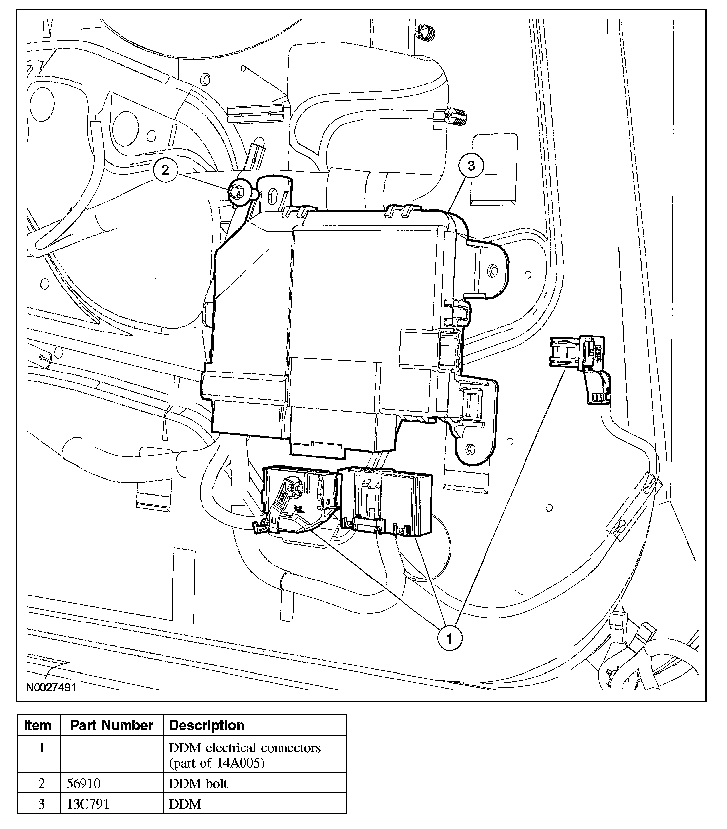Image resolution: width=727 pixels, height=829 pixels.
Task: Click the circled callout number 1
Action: pos(449,638)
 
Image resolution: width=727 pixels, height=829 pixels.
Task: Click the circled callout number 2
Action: pos(165,170)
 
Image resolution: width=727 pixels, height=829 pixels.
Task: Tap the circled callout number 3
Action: pos(471,166)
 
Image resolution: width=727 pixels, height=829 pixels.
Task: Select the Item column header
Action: pos(38,725)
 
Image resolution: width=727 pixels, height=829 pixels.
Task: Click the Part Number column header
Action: pos(112,725)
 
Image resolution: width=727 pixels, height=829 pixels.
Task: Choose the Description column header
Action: pos(206,725)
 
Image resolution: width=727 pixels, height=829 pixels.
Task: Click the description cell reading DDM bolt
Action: pos(199,784)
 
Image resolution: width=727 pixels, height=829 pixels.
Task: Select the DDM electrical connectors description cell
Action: pos(244,755)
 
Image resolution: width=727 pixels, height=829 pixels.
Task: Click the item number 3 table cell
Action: pos(41,804)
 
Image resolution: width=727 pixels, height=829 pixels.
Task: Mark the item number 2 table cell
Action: pos(41,784)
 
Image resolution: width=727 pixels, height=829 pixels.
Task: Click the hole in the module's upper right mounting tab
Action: pos(492,271)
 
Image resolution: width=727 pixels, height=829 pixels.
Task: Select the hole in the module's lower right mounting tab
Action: pos(470,449)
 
